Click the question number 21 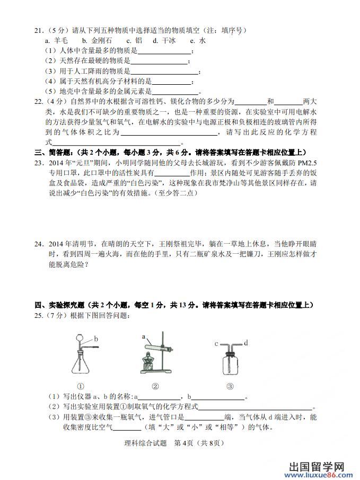39,30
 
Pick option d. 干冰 165,40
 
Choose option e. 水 198,40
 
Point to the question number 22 39,102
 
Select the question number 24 39,244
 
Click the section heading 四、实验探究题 59,305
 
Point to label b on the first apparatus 96,338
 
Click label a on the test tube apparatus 144,337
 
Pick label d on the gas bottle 245,343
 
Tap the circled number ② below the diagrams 155,386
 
